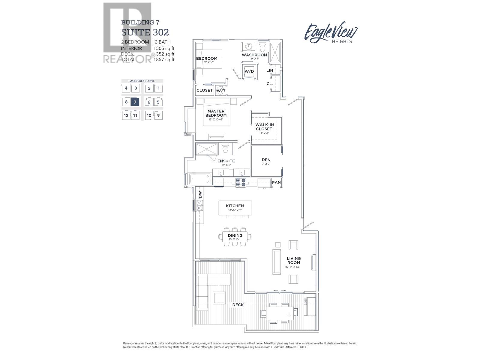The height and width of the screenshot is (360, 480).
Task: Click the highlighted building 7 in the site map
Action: coord(135,102)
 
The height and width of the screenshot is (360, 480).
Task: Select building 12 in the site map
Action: coord(126,115)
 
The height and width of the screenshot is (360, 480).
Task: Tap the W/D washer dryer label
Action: coord(249,71)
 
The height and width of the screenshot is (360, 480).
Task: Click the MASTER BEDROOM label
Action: coord(216,113)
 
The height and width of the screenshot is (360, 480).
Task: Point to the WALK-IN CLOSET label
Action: coord(264,127)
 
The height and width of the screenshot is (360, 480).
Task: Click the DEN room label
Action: coord(266,160)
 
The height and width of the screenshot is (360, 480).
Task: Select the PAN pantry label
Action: coord(276,182)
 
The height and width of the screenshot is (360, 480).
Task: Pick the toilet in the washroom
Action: coord(263,47)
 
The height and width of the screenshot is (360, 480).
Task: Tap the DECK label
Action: coord(238,305)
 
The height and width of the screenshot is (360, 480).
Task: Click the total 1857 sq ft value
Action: coord(164,60)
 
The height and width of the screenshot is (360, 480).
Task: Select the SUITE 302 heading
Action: coord(145,32)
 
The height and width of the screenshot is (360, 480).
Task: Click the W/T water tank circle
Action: coord(221,90)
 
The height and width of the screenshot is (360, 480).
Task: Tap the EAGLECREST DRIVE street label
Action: coord(142,81)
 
